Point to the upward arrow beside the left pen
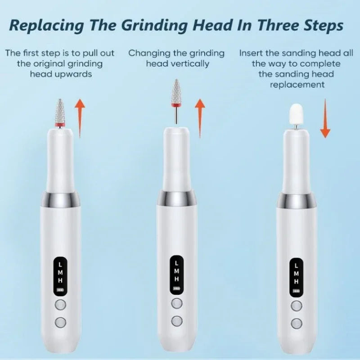80,118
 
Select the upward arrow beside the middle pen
200,118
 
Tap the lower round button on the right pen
296,322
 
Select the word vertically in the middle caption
189,63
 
